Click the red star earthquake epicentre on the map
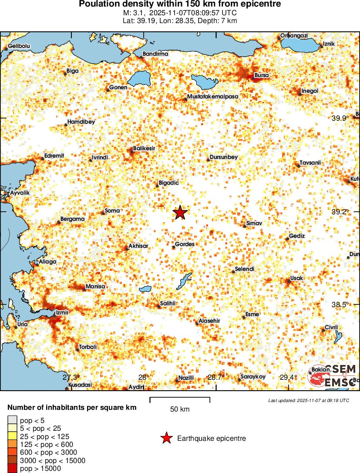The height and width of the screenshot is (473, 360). pos(180,213)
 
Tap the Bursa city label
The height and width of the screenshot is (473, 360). pos(261,75)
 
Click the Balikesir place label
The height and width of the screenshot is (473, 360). pos(144,149)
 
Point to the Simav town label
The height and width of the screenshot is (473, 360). pos(254,223)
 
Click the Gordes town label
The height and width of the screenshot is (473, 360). pos(185,244)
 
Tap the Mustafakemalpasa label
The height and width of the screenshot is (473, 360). pos(213,96)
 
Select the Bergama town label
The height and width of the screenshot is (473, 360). pos(72,219)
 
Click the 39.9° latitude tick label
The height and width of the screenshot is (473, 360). pos(340,118)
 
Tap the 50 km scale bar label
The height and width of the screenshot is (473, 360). pos(179,409)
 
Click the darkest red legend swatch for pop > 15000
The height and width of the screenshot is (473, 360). pos(12,469)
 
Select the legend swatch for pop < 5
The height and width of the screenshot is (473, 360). pos(12,421)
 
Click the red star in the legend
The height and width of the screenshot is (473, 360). pos(166,439)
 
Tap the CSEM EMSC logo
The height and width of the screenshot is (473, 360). pos(333,376)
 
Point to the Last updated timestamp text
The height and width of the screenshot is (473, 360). pos(309,400)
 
